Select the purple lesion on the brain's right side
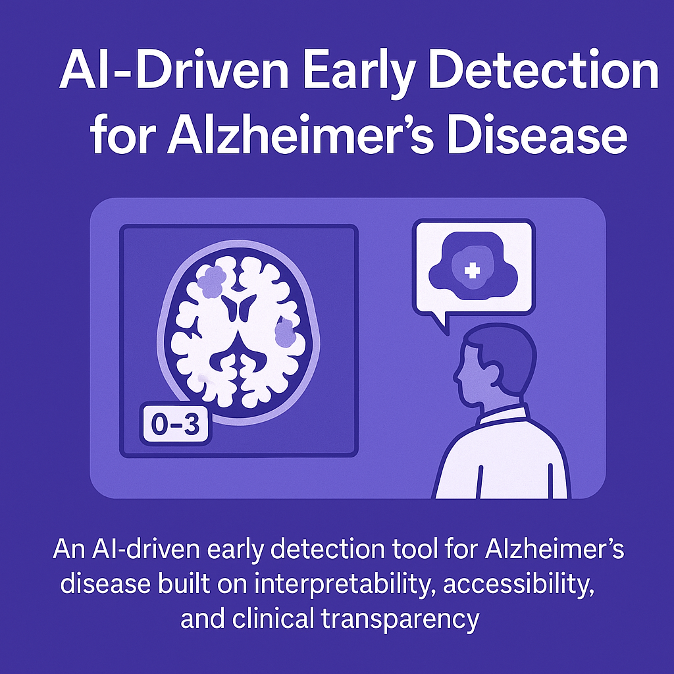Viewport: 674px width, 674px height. pyautogui.click(x=285, y=332)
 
